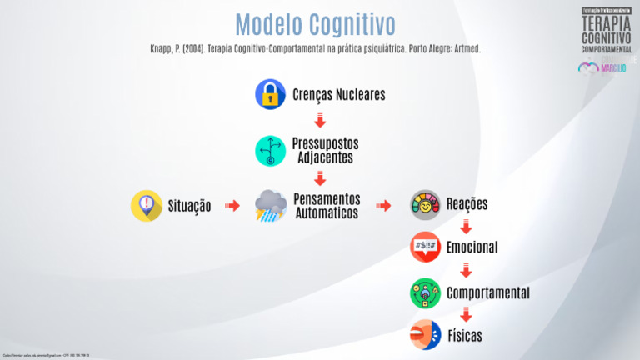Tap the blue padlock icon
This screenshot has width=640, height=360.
tap(270, 94)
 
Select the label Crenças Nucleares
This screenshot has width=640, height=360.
tap(338, 94)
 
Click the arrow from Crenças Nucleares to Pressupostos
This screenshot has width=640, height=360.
tap(320, 121)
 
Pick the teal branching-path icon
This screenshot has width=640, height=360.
tap(270, 150)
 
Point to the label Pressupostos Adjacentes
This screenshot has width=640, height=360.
tap(325, 150)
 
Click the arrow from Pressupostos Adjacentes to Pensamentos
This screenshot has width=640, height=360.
tap(320, 177)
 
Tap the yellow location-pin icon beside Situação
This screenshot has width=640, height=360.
tap(147, 205)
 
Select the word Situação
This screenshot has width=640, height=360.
tap(189, 206)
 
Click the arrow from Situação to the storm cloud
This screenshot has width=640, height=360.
tap(232, 205)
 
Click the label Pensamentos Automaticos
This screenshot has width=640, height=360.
tap(327, 206)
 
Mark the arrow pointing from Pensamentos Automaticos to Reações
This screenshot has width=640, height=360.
tap(383, 205)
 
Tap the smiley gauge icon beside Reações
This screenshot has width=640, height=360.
tap(425, 205)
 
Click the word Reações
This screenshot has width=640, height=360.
tap(467, 205)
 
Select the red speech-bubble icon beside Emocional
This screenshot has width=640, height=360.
tap(425, 247)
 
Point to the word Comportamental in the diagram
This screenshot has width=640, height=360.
tap(487, 293)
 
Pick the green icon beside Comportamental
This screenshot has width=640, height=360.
tap(425, 293)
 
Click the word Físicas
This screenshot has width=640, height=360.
tap(464, 336)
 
